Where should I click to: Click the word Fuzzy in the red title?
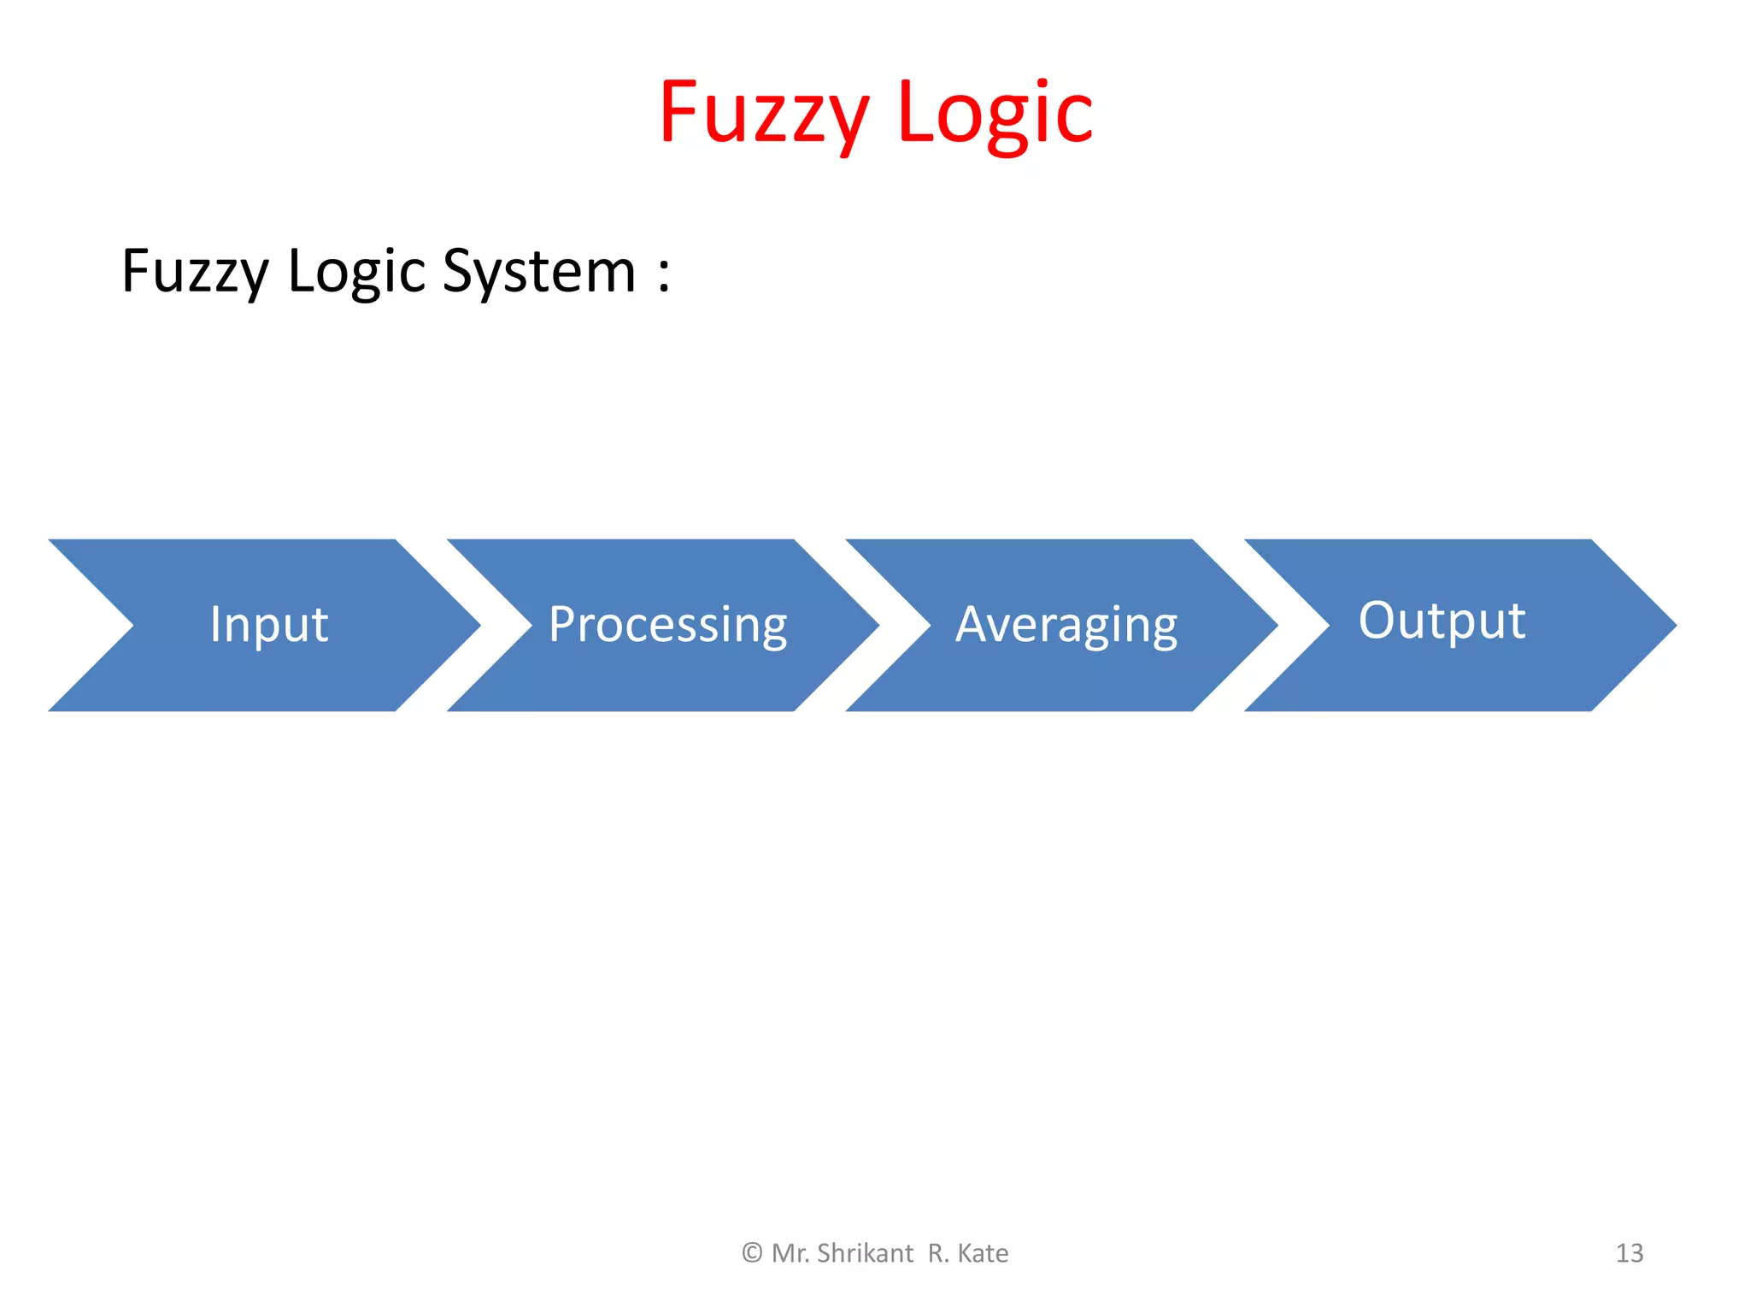pos(763,113)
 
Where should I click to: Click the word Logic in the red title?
pos(995,113)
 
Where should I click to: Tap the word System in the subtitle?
pos(539,271)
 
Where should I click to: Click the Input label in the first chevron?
pos(269,624)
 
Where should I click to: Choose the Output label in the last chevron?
pos(1442,621)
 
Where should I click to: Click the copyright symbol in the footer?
pos(752,1253)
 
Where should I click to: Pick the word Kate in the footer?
pos(983,1253)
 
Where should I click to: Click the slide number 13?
pos(1629,1253)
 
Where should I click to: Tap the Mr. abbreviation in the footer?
pos(790,1253)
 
